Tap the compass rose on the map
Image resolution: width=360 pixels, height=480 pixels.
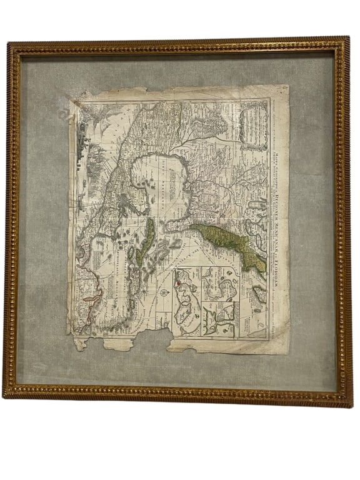[164, 292]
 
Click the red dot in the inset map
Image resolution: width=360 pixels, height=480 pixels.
[177, 282]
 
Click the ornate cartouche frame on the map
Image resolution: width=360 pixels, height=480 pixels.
[254, 125]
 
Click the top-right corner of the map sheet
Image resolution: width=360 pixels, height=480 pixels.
[288, 86]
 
